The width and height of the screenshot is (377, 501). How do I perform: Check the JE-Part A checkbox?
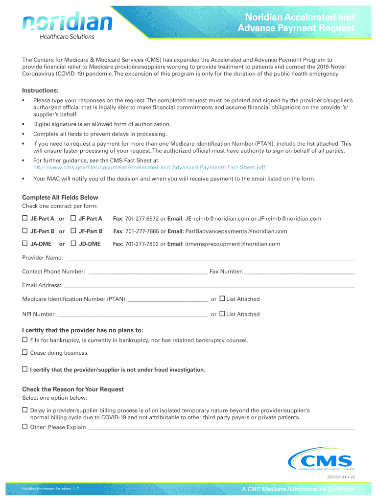[x=25, y=218]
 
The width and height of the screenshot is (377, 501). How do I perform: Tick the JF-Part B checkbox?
[x=73, y=231]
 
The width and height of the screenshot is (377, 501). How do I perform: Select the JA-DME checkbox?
[x=25, y=244]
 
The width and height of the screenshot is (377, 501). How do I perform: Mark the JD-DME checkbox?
[x=73, y=244]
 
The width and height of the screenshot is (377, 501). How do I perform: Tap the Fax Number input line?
[x=299, y=272]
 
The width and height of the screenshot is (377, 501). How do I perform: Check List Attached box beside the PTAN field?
[x=222, y=298]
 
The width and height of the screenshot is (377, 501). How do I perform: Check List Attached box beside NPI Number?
[x=222, y=314]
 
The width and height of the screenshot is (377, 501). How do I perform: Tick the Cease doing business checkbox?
[x=25, y=353]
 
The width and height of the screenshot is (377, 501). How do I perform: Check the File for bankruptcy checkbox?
[x=25, y=340]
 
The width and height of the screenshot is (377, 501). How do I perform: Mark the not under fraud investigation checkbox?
[x=25, y=369]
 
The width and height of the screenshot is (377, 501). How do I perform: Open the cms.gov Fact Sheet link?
[x=149, y=168]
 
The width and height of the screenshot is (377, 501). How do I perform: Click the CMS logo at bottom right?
[x=321, y=462]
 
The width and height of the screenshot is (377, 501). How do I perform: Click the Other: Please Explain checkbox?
[x=25, y=427]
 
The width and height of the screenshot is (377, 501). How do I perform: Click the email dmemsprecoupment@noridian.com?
[x=233, y=244]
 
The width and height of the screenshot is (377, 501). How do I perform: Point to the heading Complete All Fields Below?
[x=60, y=198]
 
